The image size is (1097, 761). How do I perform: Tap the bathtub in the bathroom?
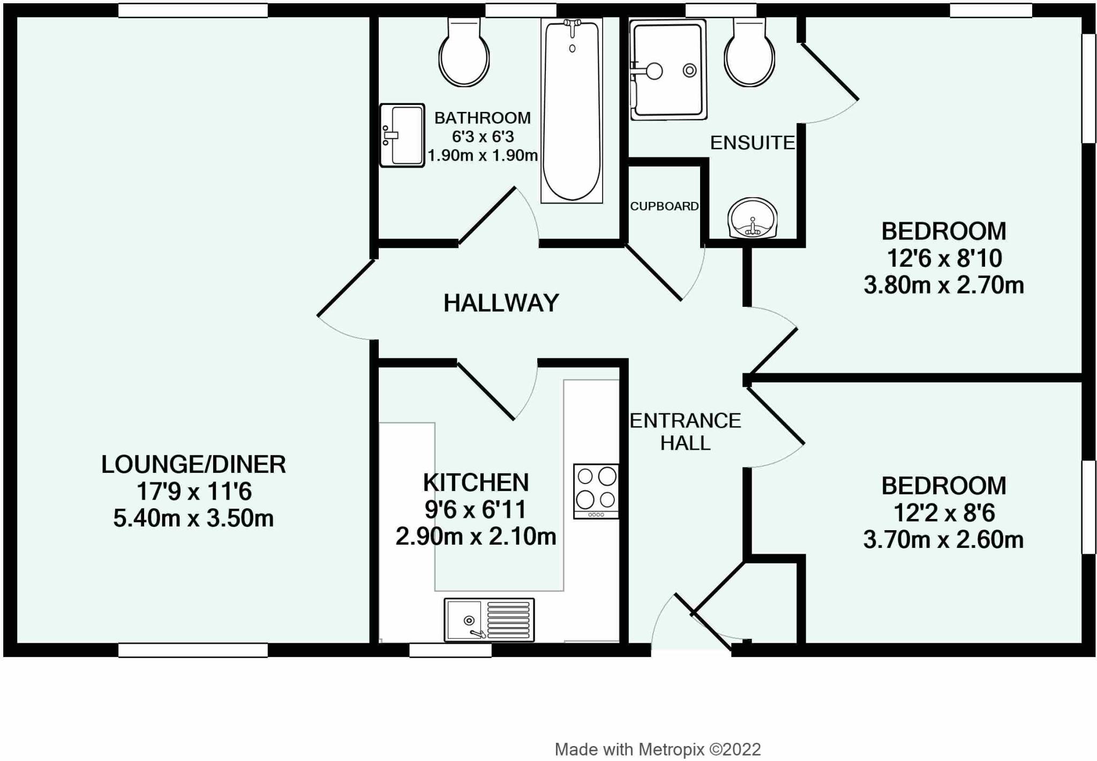[x=572, y=110]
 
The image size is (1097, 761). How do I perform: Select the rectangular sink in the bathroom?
[x=402, y=135]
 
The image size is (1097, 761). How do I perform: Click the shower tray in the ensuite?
[x=668, y=70]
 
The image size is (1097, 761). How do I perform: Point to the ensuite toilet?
[x=749, y=52]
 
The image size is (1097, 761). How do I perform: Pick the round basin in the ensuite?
[x=753, y=218]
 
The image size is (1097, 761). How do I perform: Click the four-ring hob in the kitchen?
[x=596, y=491]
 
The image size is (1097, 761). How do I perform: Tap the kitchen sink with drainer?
[x=489, y=620]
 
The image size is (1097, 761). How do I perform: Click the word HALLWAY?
[x=501, y=303]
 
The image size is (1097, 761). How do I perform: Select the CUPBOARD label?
[x=664, y=206]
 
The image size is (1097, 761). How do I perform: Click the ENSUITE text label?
[x=753, y=142]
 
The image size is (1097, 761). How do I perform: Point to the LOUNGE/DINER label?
[x=193, y=464]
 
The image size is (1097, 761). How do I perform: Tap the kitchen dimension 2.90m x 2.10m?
[x=476, y=536]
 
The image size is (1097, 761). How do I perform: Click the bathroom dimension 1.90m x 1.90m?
[x=482, y=156]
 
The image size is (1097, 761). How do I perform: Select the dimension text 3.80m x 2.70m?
[x=944, y=285]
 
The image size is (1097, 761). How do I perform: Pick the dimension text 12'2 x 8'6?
[x=944, y=513]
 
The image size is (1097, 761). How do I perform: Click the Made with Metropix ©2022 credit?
[x=658, y=749]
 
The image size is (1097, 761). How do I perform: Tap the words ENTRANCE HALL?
[x=685, y=432]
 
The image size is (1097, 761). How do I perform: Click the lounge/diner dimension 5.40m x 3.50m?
[x=193, y=518]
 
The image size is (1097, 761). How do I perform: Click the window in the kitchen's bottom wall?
[x=450, y=650]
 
